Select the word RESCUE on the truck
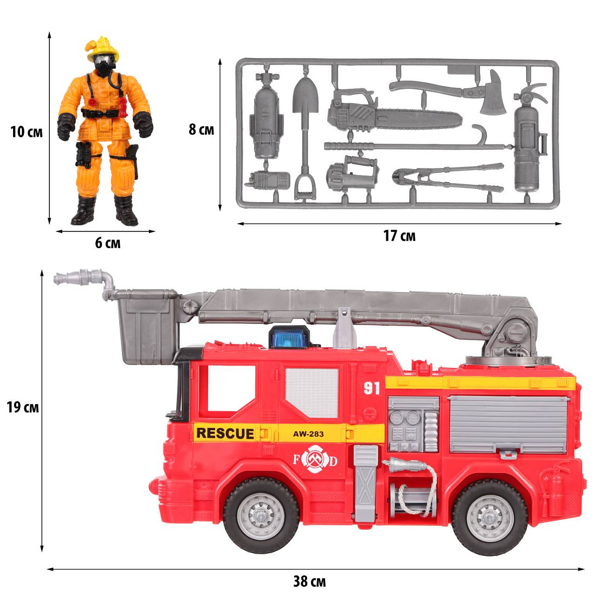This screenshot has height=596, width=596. [x=225, y=433]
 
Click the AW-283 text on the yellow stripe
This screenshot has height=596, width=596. [x=308, y=433]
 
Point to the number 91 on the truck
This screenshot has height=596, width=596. [x=371, y=388]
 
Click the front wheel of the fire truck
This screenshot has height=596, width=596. [x=261, y=515]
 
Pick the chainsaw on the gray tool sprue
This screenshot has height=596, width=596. [x=396, y=113]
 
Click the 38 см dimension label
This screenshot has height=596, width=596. [x=309, y=581]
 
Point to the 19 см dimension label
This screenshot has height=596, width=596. [x=23, y=407]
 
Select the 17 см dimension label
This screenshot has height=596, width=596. [x=399, y=236]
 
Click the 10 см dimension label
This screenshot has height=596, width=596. [x=26, y=132]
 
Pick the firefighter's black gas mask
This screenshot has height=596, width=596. [x=103, y=66]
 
